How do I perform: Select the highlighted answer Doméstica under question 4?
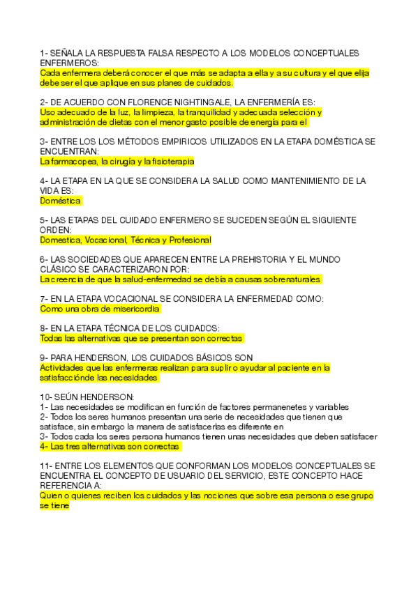pyautogui.click(x=61, y=201)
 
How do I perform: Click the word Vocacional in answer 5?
pyautogui.click(x=104, y=240)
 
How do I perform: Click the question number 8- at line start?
pyautogui.click(x=44, y=328)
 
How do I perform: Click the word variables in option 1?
pyautogui.click(x=332, y=406)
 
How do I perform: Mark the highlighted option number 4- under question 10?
pyautogui.click(x=44, y=446)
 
